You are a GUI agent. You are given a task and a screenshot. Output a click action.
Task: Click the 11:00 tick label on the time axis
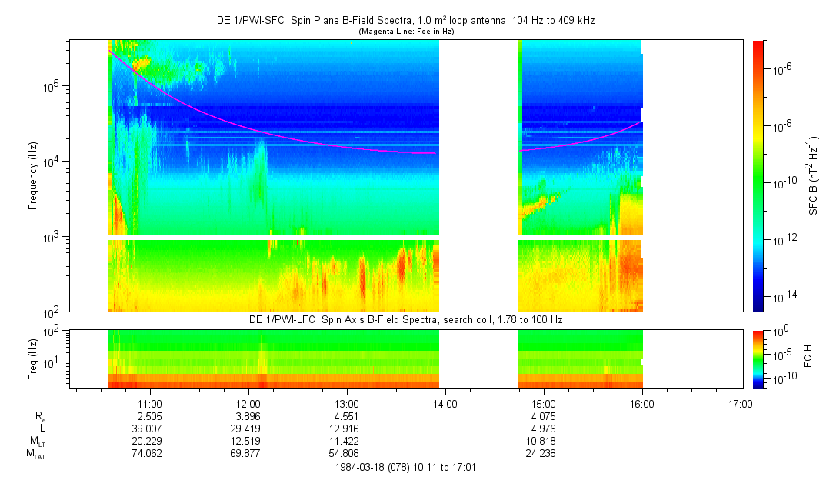coord(149,403)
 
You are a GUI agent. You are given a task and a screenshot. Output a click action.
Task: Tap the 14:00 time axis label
coord(445,403)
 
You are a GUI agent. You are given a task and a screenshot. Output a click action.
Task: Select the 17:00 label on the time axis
coord(741,403)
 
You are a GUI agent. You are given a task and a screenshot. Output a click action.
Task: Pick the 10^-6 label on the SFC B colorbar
coord(783,68)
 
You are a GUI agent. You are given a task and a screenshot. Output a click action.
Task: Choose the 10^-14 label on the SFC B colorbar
coord(783,296)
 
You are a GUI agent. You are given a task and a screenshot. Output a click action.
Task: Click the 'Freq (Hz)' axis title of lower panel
coord(33,359)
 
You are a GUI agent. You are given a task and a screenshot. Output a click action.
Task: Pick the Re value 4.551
coord(347,416)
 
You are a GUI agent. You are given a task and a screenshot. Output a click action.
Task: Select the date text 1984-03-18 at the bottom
coord(361,466)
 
